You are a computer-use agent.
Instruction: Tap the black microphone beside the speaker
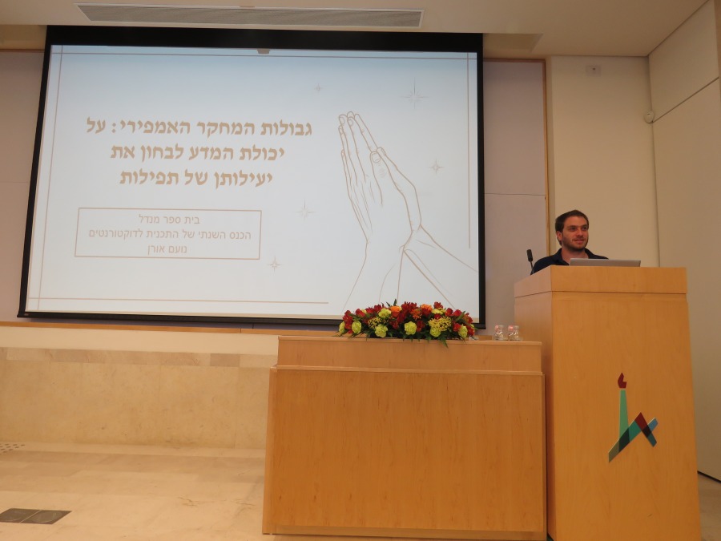530,259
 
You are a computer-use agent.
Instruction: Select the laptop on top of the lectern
605,262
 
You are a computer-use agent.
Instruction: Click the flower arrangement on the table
405,321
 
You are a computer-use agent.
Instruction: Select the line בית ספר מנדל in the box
169,219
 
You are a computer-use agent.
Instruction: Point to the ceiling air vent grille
251,16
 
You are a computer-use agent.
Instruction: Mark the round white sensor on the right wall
649,117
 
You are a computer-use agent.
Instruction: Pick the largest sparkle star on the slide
415,95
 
